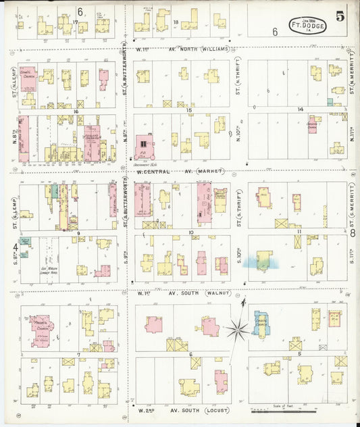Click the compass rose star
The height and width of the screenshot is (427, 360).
238,329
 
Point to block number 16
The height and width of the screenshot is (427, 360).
79,111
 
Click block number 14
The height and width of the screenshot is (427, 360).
301,109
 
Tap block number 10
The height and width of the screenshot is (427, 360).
191,232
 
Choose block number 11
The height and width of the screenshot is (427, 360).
299,232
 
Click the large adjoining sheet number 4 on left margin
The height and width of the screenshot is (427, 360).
14,246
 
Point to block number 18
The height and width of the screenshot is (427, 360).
176,23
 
